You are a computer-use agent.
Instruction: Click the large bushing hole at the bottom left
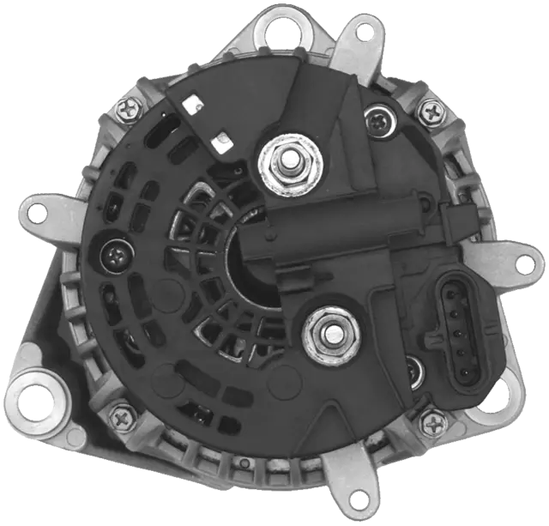(x=38, y=401)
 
